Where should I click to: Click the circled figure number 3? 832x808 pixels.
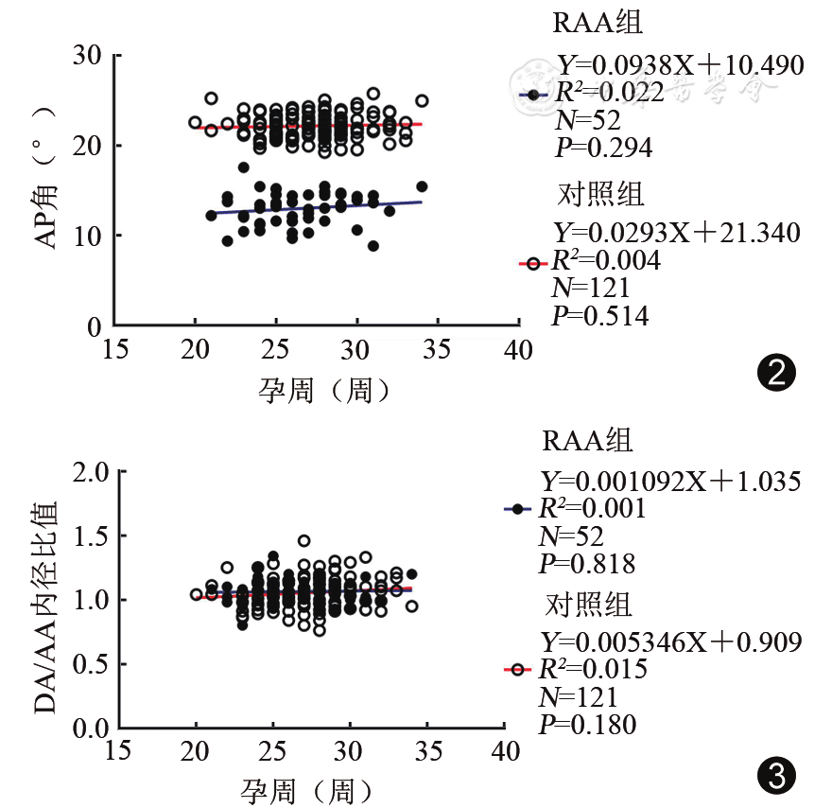point(776,778)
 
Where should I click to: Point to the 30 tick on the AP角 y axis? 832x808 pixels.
point(87,55)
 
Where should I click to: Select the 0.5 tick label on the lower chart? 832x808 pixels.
point(86,664)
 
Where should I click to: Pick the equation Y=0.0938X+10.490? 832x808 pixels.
point(679,65)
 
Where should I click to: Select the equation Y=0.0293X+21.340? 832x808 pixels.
point(675,232)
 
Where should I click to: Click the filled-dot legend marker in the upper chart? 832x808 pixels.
point(534,95)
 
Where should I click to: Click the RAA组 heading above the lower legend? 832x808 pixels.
point(587,441)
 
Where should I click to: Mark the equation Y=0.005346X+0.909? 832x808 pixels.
point(670,642)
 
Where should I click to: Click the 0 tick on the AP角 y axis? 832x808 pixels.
point(94,326)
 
